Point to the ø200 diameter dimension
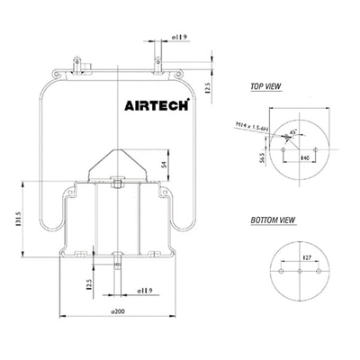pyautogui.click(x=118, y=311)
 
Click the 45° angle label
pyautogui.click(x=293, y=130)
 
